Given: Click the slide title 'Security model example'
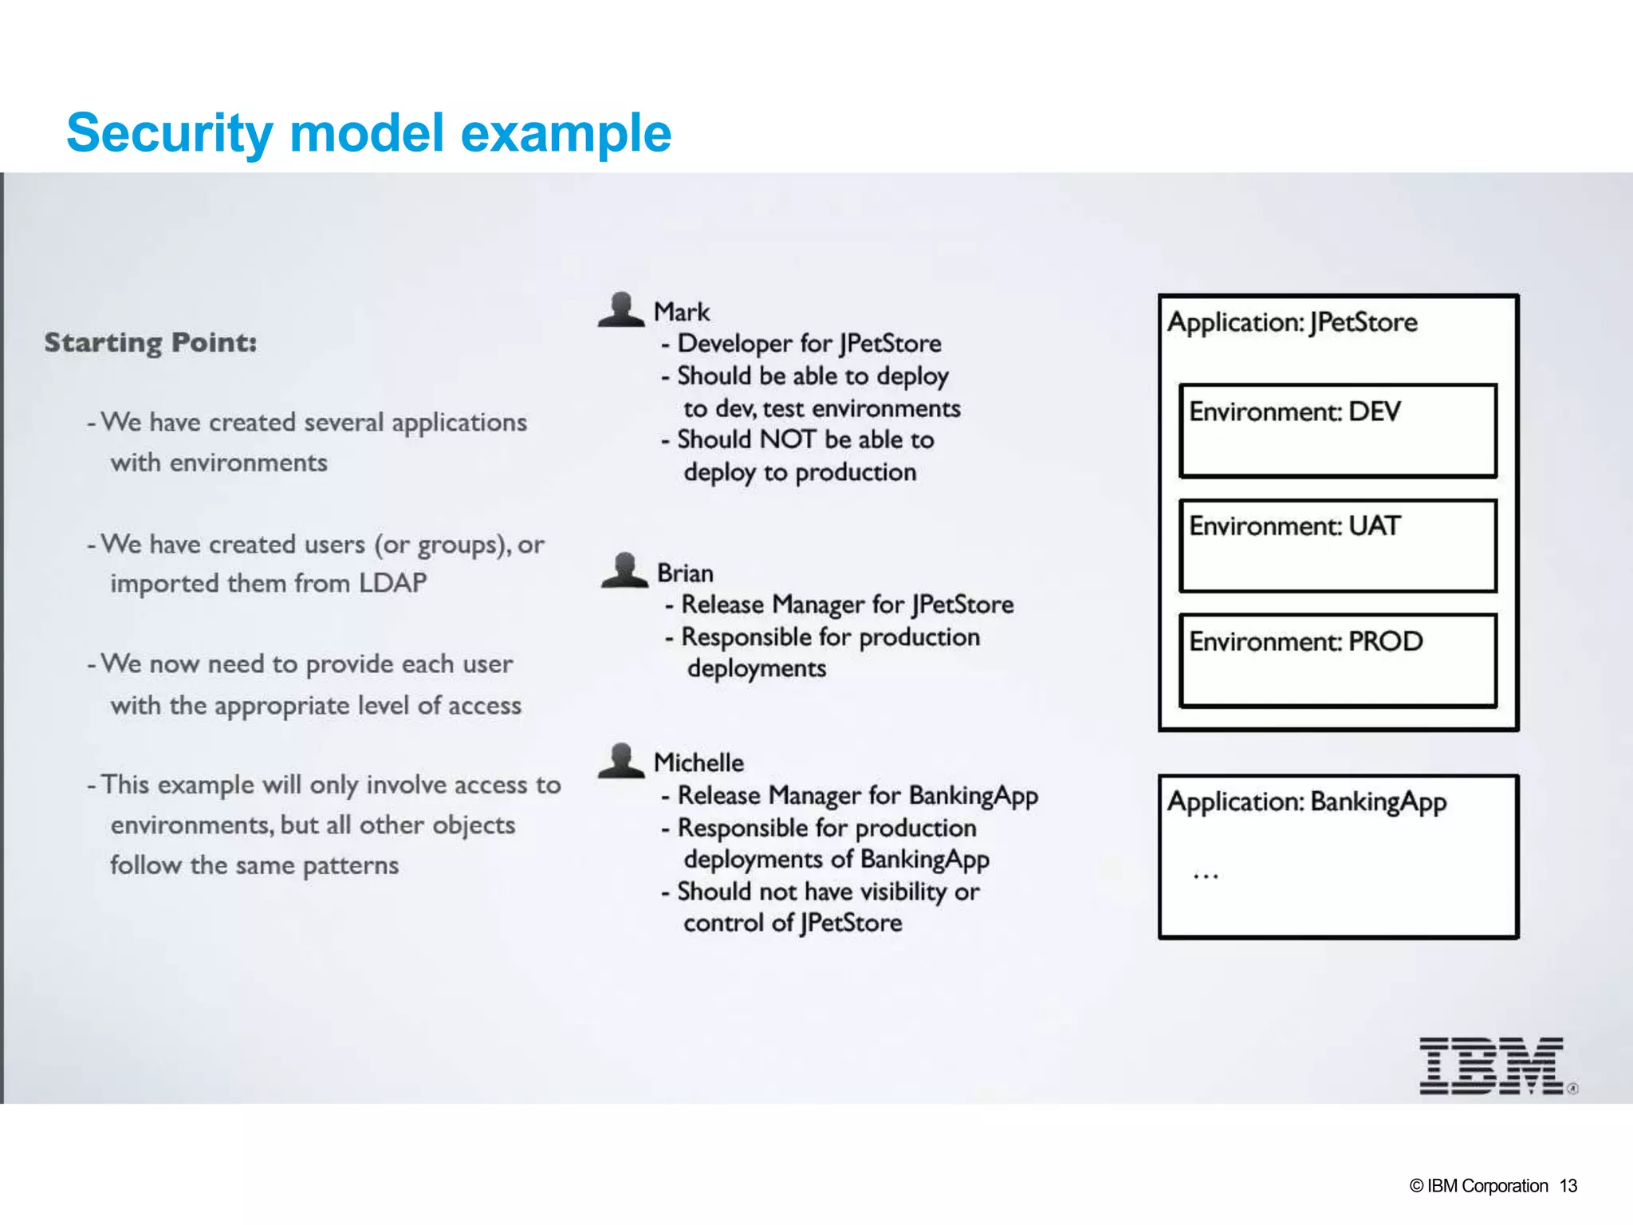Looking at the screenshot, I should click(368, 132).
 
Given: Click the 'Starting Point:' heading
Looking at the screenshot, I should click(151, 343).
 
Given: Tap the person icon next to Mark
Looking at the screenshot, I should click(621, 309).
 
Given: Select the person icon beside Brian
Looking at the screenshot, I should click(624, 570).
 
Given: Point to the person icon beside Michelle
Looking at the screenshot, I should click(621, 760).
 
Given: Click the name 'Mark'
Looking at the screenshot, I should click(681, 312).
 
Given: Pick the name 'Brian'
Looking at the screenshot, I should click(685, 573).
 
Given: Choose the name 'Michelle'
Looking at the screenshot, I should click(698, 763).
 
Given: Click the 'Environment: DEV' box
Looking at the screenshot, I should click(1337, 431).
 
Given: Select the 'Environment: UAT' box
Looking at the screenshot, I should click(1337, 546).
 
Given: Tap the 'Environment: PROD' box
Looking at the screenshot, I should click(1337, 660).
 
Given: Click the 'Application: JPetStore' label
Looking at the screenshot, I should click(1293, 322).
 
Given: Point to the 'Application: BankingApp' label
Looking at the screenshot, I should click(1307, 802).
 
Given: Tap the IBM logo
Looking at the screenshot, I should click(1491, 1066).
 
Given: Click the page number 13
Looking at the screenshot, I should click(1568, 1186).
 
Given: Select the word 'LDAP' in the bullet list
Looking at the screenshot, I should click(392, 583).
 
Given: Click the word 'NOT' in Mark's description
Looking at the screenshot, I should click(788, 439).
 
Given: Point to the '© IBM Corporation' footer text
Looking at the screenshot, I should click(1478, 1186).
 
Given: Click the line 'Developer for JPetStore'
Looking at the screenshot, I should click(809, 344).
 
